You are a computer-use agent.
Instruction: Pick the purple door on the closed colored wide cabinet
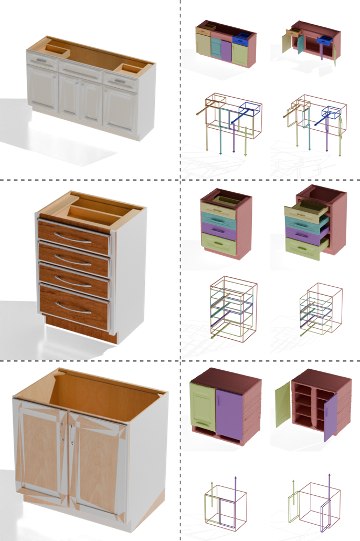226,51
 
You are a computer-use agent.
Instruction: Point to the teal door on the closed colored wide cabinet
216,48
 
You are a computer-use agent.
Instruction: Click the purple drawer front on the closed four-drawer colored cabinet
218,232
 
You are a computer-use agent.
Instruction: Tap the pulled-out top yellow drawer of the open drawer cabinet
305,213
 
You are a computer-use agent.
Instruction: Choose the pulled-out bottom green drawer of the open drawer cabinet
303,247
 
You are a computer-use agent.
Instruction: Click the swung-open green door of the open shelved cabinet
283,404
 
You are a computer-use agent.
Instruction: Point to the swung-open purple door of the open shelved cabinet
330,418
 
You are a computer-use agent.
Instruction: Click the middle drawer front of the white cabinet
80,70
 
